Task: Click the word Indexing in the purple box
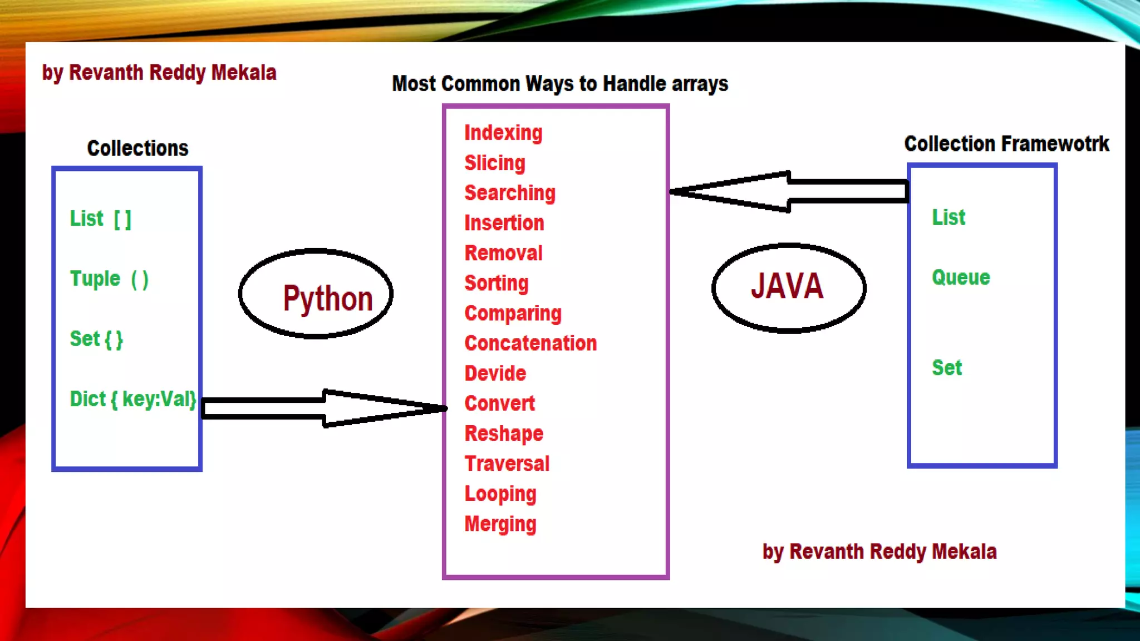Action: (x=503, y=133)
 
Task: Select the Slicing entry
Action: (x=495, y=163)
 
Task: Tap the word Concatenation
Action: (x=530, y=343)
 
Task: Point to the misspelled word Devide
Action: (x=495, y=373)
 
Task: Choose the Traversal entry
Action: (x=507, y=464)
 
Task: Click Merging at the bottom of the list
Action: (x=500, y=524)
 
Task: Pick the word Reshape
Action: (x=504, y=433)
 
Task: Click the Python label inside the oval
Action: (x=327, y=298)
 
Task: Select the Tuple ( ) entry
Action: (x=109, y=279)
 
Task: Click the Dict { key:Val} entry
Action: (x=132, y=399)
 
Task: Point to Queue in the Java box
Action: (x=961, y=277)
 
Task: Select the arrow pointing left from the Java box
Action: (x=789, y=191)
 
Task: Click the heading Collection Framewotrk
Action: (x=1006, y=144)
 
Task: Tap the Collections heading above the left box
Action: (x=137, y=148)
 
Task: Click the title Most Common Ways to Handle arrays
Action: (x=560, y=83)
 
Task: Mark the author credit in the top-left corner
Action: (x=159, y=73)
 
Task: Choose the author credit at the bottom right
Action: (x=879, y=551)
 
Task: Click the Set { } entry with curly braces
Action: (x=96, y=339)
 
